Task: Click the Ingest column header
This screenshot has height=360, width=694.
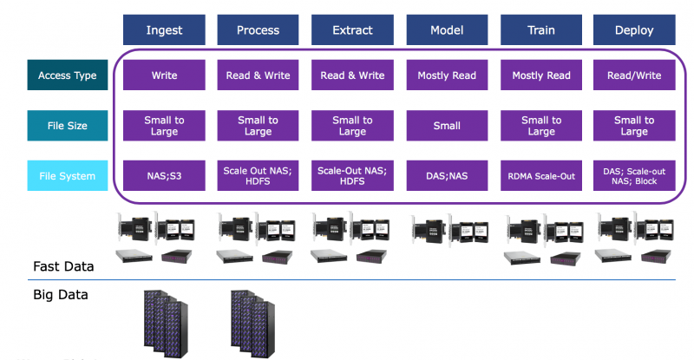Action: point(164,30)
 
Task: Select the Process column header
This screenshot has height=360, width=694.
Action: point(258,30)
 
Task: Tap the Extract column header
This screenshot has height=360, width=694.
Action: point(352,30)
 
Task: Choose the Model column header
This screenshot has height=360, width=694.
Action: point(447,30)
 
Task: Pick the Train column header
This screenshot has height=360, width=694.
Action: point(540,30)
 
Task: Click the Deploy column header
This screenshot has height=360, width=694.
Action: point(634,30)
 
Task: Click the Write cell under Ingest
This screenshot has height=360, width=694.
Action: point(164,75)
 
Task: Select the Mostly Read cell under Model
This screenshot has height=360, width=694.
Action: point(447,75)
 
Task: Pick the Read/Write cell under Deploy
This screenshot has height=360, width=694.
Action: point(634,75)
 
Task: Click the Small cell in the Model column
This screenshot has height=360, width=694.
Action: point(447,126)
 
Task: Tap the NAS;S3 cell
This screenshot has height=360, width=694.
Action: point(164,176)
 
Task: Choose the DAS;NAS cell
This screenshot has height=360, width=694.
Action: point(447,176)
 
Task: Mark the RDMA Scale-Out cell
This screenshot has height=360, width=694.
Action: point(540,176)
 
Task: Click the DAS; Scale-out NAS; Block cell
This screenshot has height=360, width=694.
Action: point(634,176)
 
